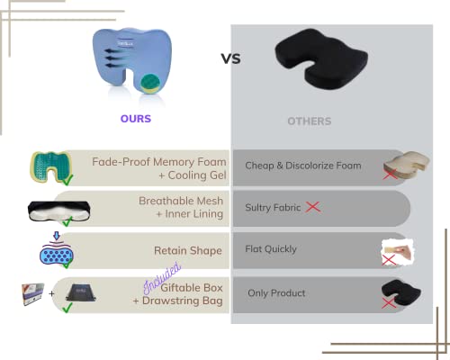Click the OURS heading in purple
pyautogui.click(x=136, y=119)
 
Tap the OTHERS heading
pyautogui.click(x=310, y=121)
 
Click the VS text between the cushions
pyautogui.click(x=231, y=58)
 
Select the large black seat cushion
pyautogui.click(x=321, y=58)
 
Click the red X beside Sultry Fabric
pyautogui.click(x=313, y=207)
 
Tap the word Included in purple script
pyautogui.click(x=162, y=277)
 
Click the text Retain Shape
pyautogui.click(x=188, y=250)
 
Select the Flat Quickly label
pyautogui.click(x=271, y=249)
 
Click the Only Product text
pyautogui.click(x=276, y=292)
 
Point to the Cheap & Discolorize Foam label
pyautogui.click(x=303, y=166)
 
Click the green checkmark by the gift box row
pyautogui.click(x=67, y=308)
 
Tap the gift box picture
pyautogui.click(x=33, y=293)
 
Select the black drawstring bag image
pyautogui.click(x=80, y=292)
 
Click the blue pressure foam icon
pyautogui.click(x=57, y=251)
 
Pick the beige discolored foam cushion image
pyautogui.click(x=408, y=164)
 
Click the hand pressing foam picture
pyautogui.click(x=398, y=251)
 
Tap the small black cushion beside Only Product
pyautogui.click(x=401, y=292)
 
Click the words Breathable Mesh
pyautogui.click(x=181, y=201)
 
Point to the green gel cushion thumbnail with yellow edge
pyautogui.click(x=51, y=167)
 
